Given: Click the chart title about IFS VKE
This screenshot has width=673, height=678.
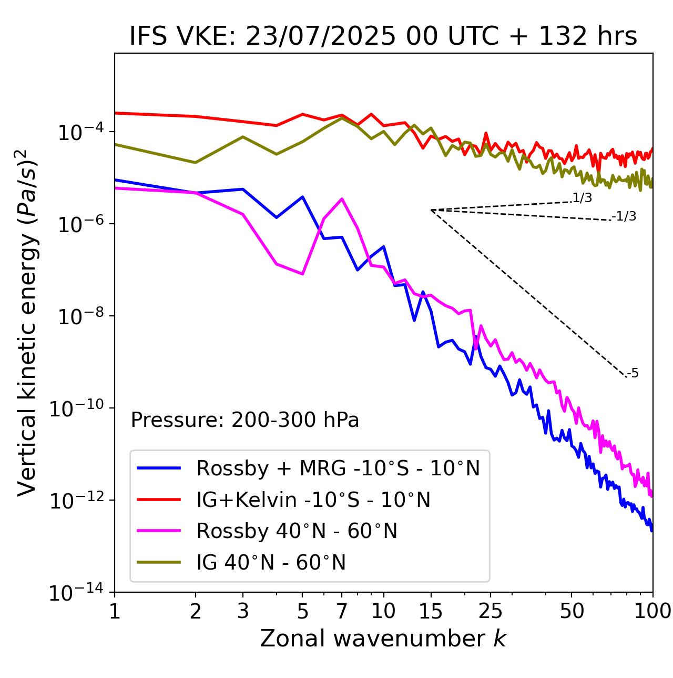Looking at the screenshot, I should pos(383,36).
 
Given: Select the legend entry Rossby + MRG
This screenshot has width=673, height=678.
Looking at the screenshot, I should pos(338,468).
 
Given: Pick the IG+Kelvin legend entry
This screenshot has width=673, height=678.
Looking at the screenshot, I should pos(313,500).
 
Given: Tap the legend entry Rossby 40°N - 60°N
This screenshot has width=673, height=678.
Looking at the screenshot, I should pos(297,531).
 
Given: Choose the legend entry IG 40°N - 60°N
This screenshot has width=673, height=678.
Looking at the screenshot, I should pos(271,563).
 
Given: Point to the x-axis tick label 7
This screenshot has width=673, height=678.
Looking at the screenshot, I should pos(342,611).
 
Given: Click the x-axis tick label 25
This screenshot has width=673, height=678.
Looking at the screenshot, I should pos(490,611).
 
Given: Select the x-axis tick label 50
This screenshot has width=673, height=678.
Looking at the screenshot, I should pos(572,611).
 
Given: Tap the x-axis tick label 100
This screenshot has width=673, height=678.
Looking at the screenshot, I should pos(652,611).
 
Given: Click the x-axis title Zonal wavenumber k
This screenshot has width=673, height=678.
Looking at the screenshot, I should pos(383,639).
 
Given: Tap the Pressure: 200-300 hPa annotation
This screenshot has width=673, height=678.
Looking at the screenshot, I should pos(245,420).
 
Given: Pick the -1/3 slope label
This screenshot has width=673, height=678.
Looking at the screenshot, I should pos(625,216).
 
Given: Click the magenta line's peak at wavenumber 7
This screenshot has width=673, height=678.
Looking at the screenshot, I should pos(342,199).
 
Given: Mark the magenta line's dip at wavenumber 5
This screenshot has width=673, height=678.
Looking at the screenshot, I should pos(302,274).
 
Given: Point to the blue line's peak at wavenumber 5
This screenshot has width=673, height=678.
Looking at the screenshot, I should pos(302,197).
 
